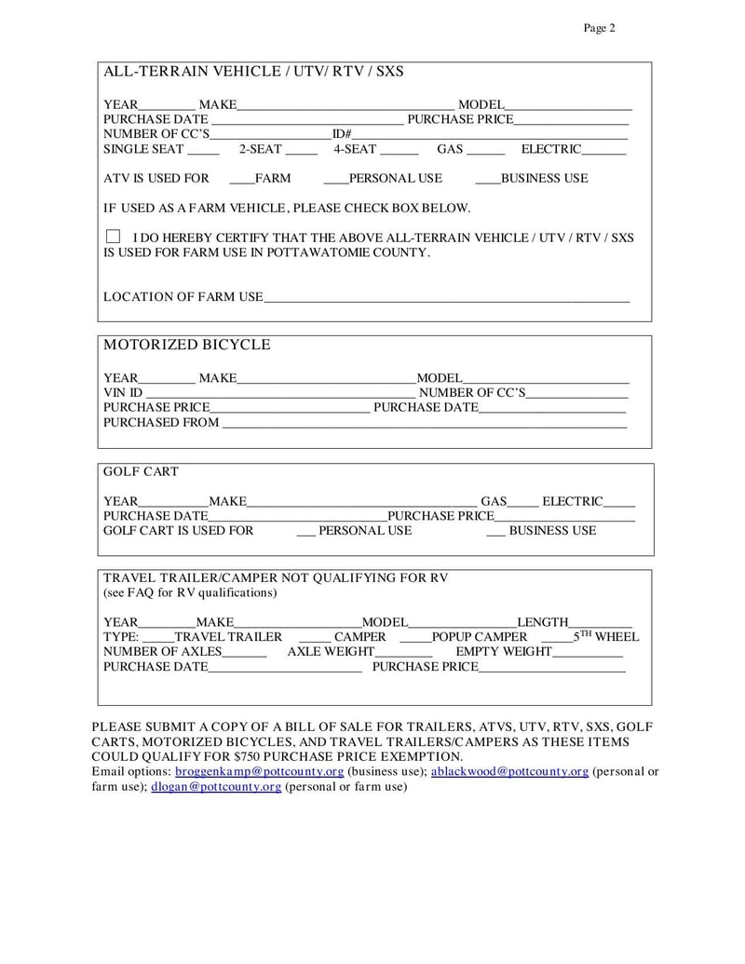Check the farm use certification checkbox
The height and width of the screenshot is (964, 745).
[x=113, y=238]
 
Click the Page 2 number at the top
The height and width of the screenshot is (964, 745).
[x=599, y=28]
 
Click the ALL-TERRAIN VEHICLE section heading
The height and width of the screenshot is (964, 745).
[x=253, y=72]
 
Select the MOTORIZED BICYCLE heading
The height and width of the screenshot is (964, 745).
[x=186, y=345]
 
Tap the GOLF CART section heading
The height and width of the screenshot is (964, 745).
[x=141, y=472]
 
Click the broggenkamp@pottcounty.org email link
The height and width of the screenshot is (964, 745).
[x=260, y=772]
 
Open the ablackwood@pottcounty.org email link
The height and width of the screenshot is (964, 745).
[x=509, y=772]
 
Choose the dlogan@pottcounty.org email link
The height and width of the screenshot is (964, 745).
[x=216, y=787]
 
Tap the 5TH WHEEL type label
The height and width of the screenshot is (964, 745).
[x=605, y=637]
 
